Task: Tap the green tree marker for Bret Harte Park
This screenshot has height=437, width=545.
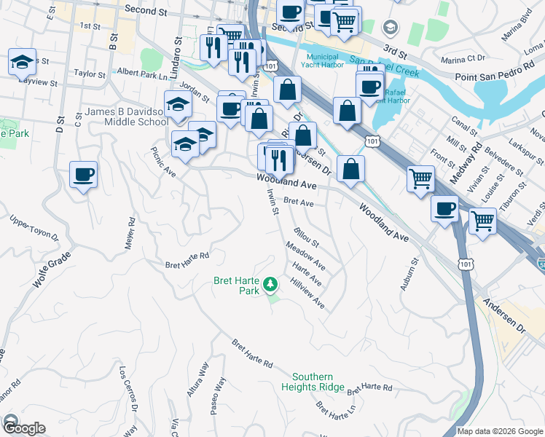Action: [x=270, y=283]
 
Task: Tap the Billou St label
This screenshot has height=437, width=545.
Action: [x=307, y=237]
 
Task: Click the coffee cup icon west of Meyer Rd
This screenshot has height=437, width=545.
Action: [x=82, y=175]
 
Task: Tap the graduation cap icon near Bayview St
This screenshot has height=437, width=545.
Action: [x=22, y=61]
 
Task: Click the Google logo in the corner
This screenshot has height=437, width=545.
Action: [x=23, y=428]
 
